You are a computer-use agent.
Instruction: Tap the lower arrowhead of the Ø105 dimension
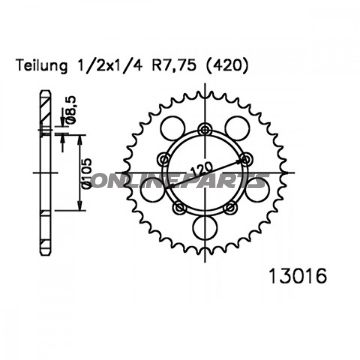point(81,207)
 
